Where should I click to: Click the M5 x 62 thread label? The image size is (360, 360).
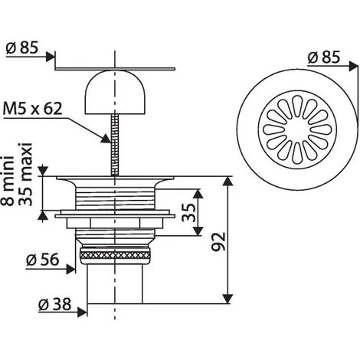32,109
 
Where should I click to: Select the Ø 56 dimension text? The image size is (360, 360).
43,260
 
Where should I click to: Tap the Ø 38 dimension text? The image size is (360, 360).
55,304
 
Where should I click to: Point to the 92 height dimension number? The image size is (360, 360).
219,241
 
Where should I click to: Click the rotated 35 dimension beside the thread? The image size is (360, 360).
189,212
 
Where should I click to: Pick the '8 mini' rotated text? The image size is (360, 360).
7,181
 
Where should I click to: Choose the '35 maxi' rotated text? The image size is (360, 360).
25,174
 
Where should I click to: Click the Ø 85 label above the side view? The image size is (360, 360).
22,47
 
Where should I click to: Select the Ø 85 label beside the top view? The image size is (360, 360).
324,57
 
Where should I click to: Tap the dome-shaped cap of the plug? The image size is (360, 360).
115,92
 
